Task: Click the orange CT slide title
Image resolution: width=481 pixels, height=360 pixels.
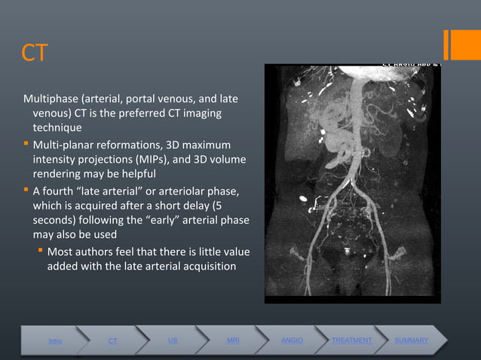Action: (x=35, y=53)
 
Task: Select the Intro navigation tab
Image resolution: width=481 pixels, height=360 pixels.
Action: (x=56, y=342)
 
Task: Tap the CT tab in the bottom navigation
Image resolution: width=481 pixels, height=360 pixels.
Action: (x=112, y=342)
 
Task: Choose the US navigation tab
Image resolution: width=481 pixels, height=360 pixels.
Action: (x=173, y=341)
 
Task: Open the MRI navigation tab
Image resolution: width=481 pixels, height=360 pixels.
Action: (x=233, y=341)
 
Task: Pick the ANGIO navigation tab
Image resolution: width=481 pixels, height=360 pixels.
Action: (x=292, y=341)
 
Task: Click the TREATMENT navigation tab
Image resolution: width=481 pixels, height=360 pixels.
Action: (x=351, y=341)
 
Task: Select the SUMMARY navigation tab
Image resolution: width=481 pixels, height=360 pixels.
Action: (x=411, y=341)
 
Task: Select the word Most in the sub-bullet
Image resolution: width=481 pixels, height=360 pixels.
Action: (x=61, y=251)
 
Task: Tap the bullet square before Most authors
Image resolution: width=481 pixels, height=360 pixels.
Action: (x=41, y=251)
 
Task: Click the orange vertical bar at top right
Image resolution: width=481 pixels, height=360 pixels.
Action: (x=447, y=44)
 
